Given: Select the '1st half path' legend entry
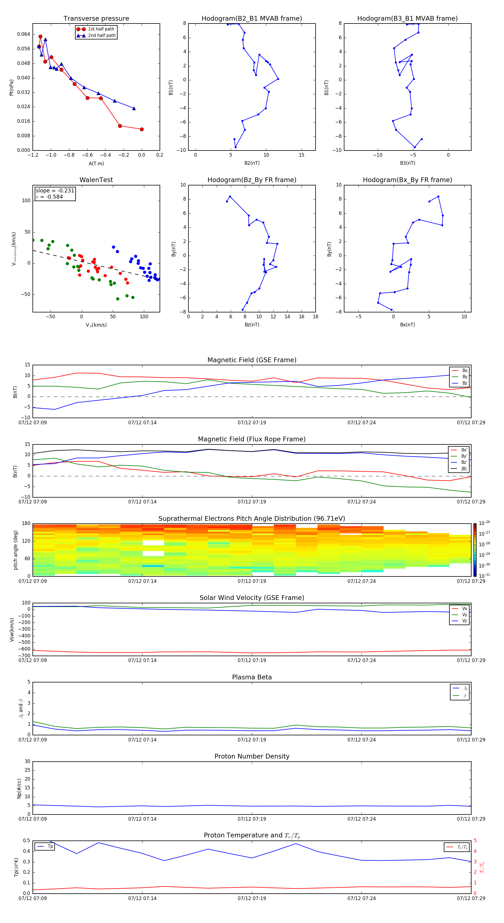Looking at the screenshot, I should (101, 29).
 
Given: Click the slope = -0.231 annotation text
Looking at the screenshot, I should (55, 191).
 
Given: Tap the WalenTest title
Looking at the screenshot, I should (96, 180).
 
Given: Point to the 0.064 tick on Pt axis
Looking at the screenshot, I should (24, 34).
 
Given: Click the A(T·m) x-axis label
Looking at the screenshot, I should (96, 163).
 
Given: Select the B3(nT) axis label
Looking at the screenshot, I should (407, 163).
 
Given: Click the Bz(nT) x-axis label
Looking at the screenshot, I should (252, 325).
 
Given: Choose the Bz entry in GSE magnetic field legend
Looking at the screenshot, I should (465, 383).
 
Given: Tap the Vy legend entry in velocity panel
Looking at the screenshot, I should (465, 614).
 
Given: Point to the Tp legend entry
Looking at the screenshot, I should (50, 846).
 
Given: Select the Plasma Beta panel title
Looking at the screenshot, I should (252, 677).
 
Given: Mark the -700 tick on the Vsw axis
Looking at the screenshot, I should (24, 655).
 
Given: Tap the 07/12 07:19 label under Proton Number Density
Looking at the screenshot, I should (252, 819).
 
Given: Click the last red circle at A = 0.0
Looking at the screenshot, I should (142, 129).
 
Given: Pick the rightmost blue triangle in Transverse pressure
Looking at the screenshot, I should (134, 109).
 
